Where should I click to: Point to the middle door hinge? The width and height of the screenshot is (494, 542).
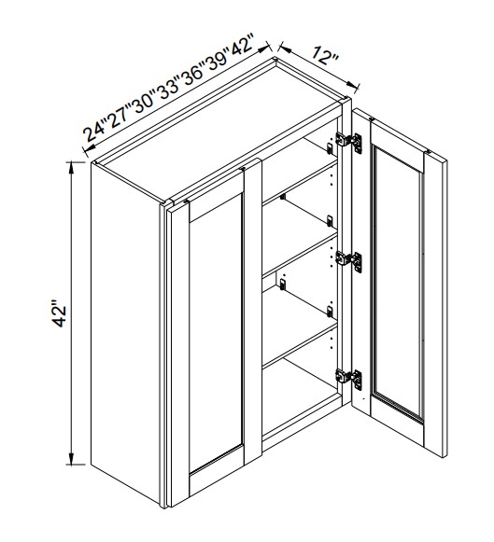(349, 260)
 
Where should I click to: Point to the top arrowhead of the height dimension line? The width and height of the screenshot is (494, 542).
(72, 165)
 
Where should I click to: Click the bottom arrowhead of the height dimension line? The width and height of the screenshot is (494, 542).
(72, 460)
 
